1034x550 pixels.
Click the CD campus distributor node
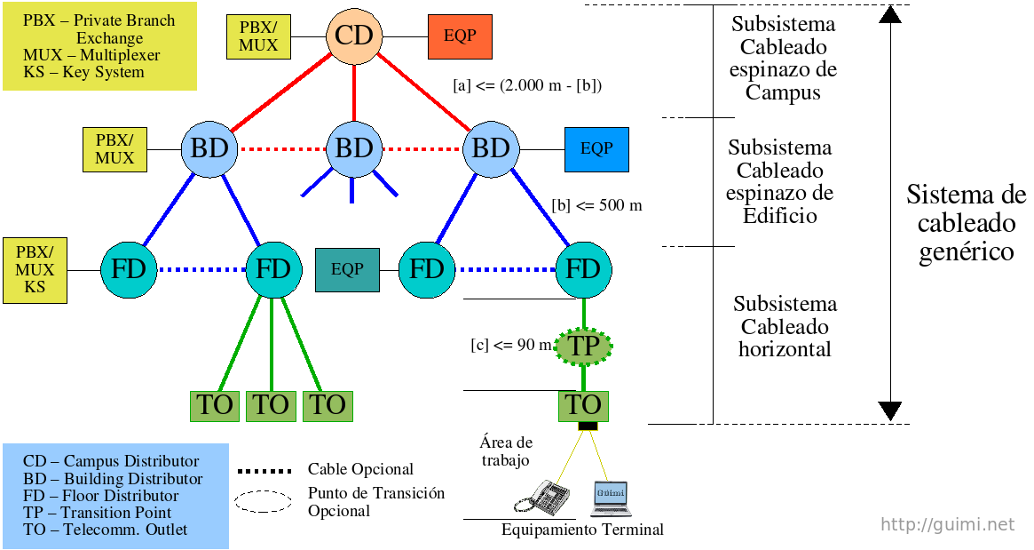354,36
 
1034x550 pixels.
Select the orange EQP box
460,37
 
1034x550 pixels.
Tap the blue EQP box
596,148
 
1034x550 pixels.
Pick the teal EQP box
348,269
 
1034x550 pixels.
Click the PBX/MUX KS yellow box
35,270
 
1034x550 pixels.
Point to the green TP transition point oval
584,346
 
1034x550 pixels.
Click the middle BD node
354,147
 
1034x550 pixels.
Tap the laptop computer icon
611,498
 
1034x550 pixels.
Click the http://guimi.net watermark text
947,524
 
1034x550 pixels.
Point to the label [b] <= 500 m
596,205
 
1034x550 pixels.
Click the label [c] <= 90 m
511,345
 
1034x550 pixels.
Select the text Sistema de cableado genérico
966,223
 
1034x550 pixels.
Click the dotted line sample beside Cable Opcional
264,470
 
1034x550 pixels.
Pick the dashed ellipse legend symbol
264,501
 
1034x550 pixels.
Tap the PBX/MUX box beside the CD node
258,37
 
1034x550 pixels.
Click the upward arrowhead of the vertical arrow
889,15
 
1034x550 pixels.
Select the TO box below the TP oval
584,405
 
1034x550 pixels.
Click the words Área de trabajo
506,451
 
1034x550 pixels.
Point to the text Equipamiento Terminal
582,530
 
